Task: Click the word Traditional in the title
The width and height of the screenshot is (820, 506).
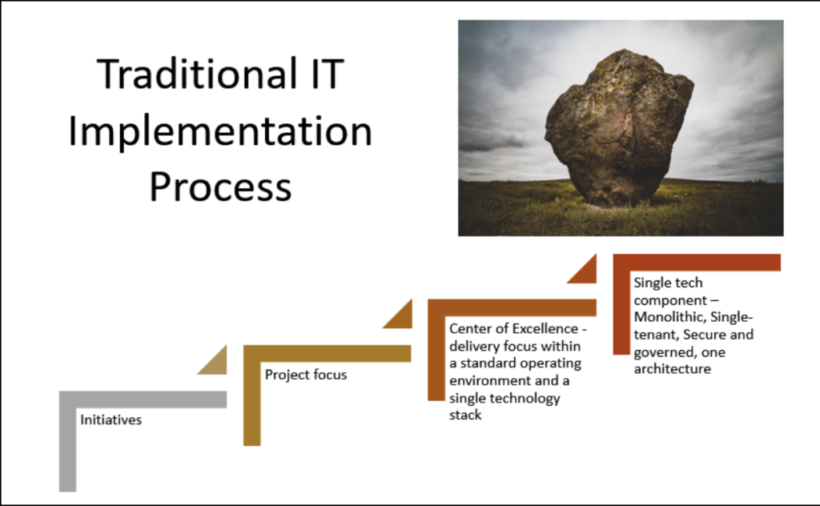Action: (197, 74)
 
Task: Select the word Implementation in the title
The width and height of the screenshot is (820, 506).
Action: (220, 132)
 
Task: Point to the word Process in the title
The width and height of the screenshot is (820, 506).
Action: (220, 186)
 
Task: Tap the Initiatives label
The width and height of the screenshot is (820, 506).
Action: (111, 420)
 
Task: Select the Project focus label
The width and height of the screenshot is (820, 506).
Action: (306, 374)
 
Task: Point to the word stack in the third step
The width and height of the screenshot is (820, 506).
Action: (465, 415)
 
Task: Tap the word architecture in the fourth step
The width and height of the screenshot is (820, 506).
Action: (672, 368)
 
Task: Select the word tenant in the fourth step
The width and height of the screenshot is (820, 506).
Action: (655, 335)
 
